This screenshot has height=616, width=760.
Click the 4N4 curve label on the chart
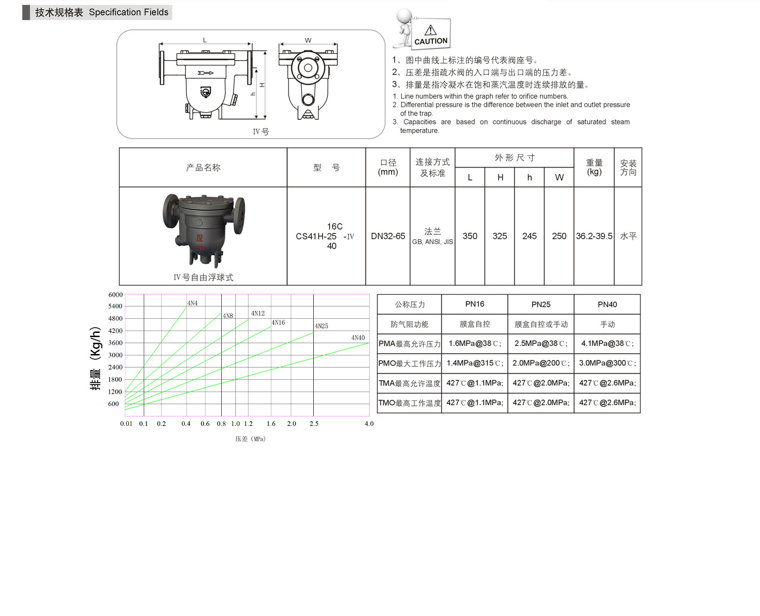click(192, 303)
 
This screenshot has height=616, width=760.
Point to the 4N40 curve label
click(358, 338)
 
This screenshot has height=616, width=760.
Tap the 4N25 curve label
click(321, 326)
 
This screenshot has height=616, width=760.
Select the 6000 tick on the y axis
click(115, 295)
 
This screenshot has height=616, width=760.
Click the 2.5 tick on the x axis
click(314, 424)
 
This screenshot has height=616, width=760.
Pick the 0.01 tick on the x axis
click(126, 424)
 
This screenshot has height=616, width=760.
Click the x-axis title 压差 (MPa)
click(250, 439)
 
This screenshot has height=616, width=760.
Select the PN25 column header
click(541, 304)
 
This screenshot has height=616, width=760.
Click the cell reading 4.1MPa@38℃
click(607, 344)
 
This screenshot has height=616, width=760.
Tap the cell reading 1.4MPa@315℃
click(475, 363)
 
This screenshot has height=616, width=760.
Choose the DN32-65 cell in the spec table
click(388, 236)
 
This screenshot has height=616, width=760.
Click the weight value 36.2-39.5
click(594, 236)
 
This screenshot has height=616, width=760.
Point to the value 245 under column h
click(529, 236)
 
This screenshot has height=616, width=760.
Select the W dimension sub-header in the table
click(559, 177)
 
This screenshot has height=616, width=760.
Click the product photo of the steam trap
click(204, 231)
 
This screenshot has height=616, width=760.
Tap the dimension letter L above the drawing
click(205, 40)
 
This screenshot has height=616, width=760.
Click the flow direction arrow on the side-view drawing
click(206, 73)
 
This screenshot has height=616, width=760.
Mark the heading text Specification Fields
click(128, 12)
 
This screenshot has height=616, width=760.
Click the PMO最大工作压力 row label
click(410, 363)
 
